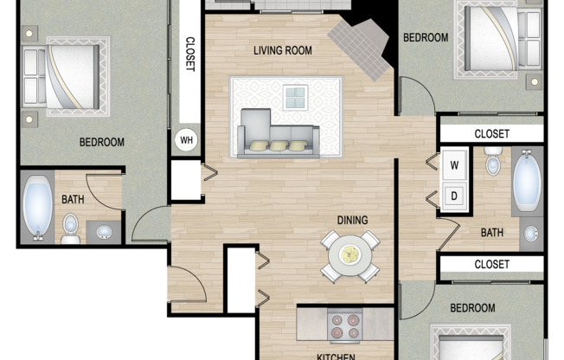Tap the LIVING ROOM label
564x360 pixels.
click(282, 50)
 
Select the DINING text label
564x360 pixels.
click(352, 220)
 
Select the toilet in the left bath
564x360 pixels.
click(71, 227)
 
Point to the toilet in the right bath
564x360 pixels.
click(493, 162)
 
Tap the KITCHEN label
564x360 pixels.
click(333, 355)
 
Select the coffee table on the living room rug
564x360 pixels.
click(296, 97)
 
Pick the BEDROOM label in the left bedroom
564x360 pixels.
click(102, 143)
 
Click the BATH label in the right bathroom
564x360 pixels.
click(492, 232)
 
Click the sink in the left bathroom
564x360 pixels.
click(105, 232)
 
